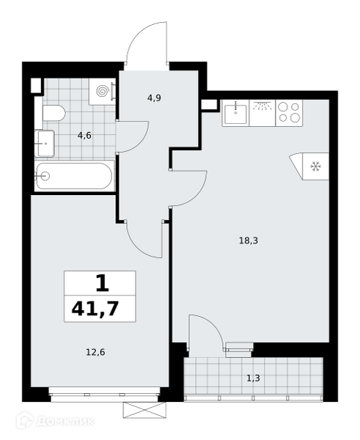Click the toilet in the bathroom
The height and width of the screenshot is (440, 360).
[x=54, y=113]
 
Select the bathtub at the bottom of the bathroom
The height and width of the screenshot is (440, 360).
[x=75, y=176]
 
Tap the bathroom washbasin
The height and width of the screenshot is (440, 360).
[x=44, y=144]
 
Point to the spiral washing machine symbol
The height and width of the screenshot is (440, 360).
[x=102, y=91]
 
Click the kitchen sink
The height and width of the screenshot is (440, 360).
[x=235, y=113]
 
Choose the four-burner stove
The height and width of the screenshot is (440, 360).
[x=290, y=113]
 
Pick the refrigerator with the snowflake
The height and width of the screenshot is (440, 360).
[x=312, y=166]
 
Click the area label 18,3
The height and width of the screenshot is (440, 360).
[x=249, y=241]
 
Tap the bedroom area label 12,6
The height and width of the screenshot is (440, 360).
[x=95, y=352]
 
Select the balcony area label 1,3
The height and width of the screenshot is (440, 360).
[x=253, y=378]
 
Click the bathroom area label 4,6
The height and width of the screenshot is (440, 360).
[x=84, y=136]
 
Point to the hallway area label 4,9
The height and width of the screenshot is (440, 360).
[x=154, y=98]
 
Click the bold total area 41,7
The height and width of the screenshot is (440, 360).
[x=95, y=309]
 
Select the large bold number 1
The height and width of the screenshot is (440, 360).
[x=102, y=283]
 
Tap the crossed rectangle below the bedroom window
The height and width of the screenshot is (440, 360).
[x=144, y=410]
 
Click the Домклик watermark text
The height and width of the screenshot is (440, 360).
[x=65, y=421]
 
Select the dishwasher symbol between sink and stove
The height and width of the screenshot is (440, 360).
[x=262, y=113]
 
